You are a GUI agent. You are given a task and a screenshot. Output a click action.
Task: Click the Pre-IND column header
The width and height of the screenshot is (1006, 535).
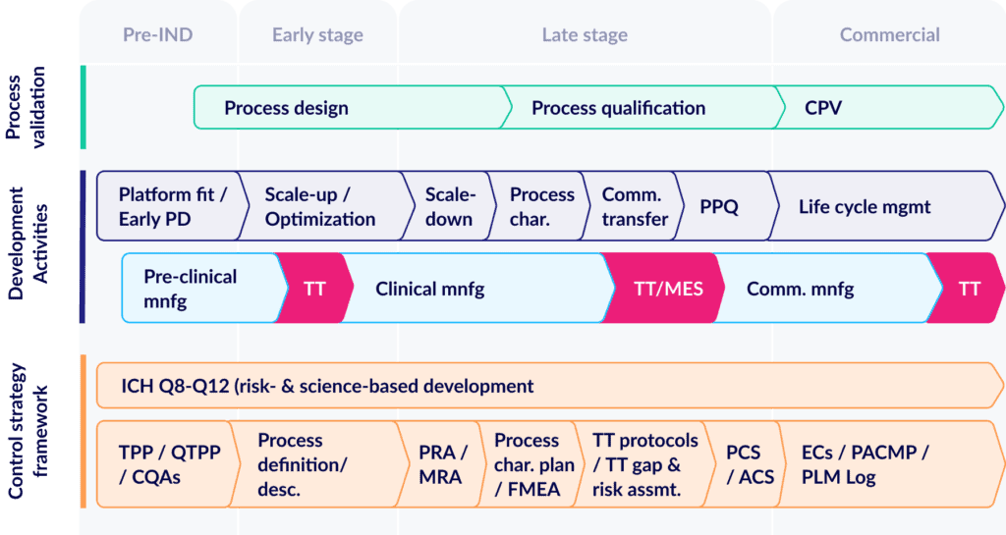pyautogui.click(x=158, y=34)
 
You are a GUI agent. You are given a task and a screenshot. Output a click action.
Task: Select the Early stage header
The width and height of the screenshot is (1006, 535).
pyautogui.click(x=317, y=35)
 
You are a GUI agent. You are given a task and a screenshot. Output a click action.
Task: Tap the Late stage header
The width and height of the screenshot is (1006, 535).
pyautogui.click(x=585, y=35)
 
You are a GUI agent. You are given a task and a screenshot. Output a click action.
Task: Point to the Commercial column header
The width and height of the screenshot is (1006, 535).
pyautogui.click(x=890, y=34)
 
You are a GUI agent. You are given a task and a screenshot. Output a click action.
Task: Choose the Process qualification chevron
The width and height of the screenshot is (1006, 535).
pyautogui.click(x=642, y=108)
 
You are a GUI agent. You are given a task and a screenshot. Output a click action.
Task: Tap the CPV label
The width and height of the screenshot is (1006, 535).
pyautogui.click(x=823, y=108)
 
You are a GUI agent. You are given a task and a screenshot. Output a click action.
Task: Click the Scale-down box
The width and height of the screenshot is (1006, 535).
pyautogui.click(x=449, y=206)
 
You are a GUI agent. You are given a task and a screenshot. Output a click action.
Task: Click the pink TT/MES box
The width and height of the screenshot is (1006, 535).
pyautogui.click(x=664, y=289)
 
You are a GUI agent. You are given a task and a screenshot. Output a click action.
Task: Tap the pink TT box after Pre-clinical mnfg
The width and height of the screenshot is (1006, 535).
pyautogui.click(x=314, y=289)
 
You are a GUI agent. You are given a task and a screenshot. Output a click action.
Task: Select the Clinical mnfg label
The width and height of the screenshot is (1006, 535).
pyautogui.click(x=430, y=289)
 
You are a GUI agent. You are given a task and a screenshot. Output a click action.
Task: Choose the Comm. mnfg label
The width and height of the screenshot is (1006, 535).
pyautogui.click(x=800, y=289)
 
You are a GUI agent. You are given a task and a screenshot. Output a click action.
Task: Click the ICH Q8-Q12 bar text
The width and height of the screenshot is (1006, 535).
pyautogui.click(x=327, y=387)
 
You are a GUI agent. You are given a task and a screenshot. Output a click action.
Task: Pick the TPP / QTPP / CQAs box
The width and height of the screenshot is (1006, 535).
pyautogui.click(x=168, y=464)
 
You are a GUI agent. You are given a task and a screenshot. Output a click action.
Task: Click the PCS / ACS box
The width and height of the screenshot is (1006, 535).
pyautogui.click(x=746, y=464)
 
